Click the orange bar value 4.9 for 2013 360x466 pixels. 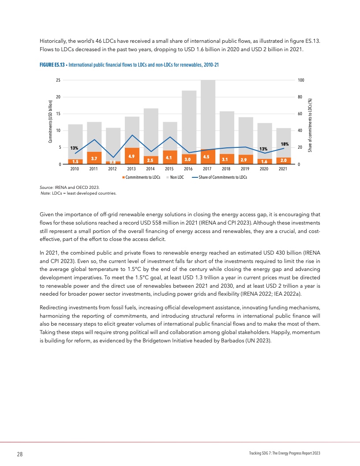click(131, 156)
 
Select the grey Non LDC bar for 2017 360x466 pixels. click(208, 115)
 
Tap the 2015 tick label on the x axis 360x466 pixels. click(169, 169)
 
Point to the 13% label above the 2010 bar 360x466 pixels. click(74, 148)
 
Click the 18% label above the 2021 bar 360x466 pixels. click(285, 144)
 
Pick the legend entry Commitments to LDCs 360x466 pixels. click(141, 177)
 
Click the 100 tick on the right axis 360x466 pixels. click(301, 80)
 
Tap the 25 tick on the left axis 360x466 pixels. click(58, 80)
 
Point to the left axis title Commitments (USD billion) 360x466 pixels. click(50, 122)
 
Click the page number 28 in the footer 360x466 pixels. click(20, 454)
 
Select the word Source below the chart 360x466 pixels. click(46, 188)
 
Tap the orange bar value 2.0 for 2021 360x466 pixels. click(283, 160)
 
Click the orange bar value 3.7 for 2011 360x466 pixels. click(94, 158)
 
